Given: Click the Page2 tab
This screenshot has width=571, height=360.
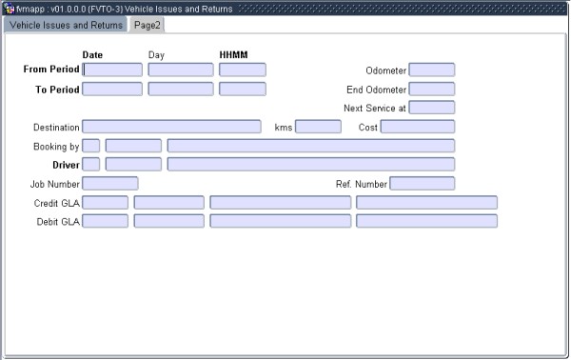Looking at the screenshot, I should (148, 25).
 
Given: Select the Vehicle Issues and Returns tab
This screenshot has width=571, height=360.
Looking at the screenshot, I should (66, 25).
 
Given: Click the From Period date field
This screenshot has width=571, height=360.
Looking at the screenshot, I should (112, 70).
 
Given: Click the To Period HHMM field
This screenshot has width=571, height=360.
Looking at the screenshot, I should (242, 89).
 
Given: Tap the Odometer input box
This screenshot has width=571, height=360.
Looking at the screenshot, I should (431, 70).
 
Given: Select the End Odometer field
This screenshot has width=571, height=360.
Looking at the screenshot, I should (431, 89).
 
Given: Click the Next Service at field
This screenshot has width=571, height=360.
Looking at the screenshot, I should (431, 108).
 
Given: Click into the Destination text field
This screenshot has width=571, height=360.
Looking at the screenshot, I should (171, 127).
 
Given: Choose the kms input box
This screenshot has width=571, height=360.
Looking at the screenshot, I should (318, 127).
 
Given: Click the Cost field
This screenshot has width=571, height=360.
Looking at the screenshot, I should (417, 127).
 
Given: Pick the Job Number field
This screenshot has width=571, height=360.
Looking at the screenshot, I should (110, 183).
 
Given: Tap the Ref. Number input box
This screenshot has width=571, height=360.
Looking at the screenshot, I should (422, 183).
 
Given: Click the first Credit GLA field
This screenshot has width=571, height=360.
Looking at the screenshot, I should (105, 202).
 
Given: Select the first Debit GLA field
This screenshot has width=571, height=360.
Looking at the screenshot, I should (105, 221).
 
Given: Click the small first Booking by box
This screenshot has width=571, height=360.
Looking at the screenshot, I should (91, 146).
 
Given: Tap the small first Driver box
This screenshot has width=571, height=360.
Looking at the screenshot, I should (91, 164).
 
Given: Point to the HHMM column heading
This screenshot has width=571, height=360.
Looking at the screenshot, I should (233, 54).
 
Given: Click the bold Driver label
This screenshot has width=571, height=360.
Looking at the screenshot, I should (65, 164).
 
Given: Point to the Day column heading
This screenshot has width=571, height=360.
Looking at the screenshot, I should (156, 54).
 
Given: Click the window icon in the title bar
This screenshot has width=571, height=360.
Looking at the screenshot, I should (9, 8).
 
